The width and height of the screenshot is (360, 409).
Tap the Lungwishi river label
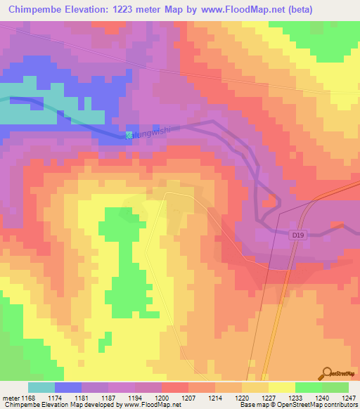click(153, 131)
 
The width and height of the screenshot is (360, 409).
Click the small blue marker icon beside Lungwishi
click(129, 135)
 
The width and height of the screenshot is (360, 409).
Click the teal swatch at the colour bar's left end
click(41, 387)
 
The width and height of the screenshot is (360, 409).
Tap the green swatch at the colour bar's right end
click(335, 387)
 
